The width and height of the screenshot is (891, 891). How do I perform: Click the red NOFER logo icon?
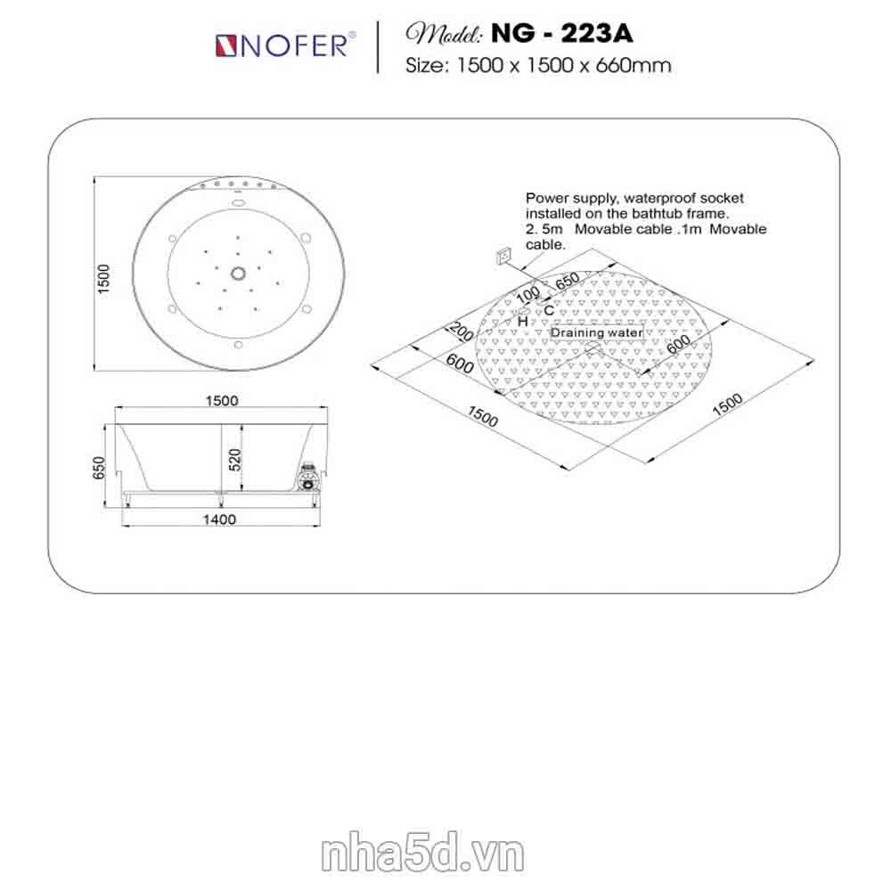tap(225, 46)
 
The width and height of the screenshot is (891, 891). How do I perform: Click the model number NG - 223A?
tap(561, 34)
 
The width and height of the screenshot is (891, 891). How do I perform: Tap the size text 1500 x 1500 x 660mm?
tap(564, 65)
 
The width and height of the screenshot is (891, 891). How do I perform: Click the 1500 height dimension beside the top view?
tap(102, 278)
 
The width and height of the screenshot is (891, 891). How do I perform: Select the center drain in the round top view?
tap(238, 274)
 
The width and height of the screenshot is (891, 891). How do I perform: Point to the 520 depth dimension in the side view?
tap(235, 460)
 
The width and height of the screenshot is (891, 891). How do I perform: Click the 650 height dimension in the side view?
tap(99, 468)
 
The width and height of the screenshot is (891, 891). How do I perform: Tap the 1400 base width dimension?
tap(219, 519)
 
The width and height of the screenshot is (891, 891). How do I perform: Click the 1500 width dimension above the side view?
tap(222, 401)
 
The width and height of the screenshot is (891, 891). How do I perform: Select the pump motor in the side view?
tap(308, 475)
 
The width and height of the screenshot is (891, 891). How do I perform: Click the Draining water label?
tap(597, 332)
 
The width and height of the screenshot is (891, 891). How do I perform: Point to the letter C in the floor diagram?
tap(548, 310)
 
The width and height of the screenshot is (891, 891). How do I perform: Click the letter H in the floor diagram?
tap(523, 322)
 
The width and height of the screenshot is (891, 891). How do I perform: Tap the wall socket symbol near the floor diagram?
tap(503, 257)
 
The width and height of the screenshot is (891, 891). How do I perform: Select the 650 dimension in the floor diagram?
tap(567, 280)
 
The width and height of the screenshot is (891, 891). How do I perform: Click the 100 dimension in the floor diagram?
tap(527, 295)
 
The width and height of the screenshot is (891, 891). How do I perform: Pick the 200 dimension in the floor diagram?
tap(461, 331)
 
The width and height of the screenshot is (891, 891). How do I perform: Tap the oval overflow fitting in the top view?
tap(238, 201)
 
